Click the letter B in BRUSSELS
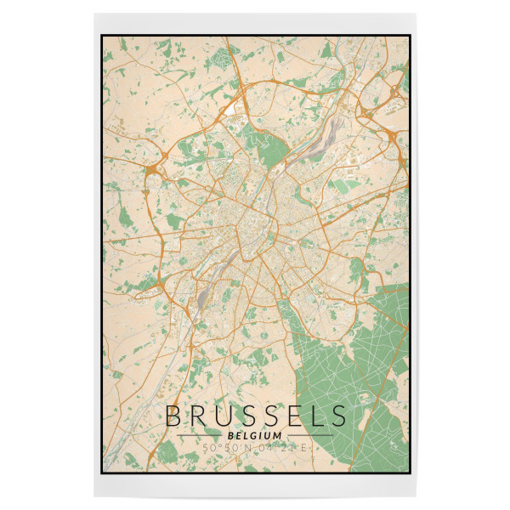click(x=173, y=416)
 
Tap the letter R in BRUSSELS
click(x=197, y=416)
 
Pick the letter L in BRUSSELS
click(x=316, y=416)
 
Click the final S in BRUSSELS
click(x=338, y=416)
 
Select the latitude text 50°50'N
click(x=225, y=447)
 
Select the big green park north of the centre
click(x=274, y=153)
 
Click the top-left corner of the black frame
click(x=102, y=36)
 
